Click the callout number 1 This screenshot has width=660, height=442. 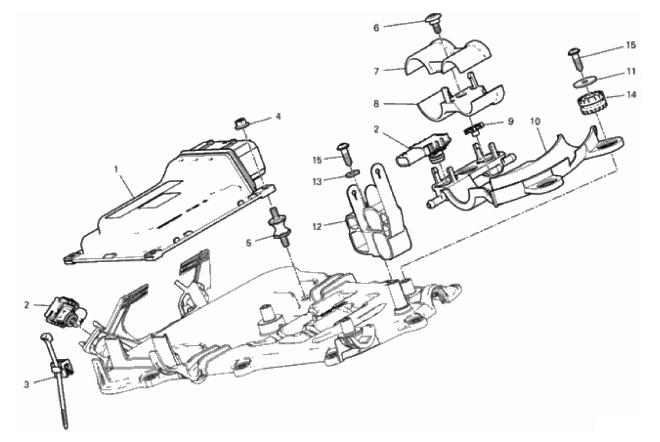pyautogui.click(x=117, y=169)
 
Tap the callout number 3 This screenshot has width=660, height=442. pyautogui.click(x=26, y=384)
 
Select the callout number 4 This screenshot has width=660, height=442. pyautogui.click(x=278, y=116)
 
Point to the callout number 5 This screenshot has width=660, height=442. pyautogui.click(x=249, y=243)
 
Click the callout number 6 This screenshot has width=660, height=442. pyautogui.click(x=376, y=27)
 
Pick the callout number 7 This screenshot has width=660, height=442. pyautogui.click(x=376, y=71)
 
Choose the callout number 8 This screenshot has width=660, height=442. pyautogui.click(x=376, y=104)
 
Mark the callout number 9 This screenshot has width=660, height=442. pyautogui.click(x=510, y=121)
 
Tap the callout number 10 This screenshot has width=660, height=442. pyautogui.click(x=536, y=121)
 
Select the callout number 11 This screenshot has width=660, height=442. pyautogui.click(x=631, y=72)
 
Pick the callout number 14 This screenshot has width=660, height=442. pyautogui.click(x=631, y=95)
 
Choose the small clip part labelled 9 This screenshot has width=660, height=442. pyautogui.click(x=473, y=129)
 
